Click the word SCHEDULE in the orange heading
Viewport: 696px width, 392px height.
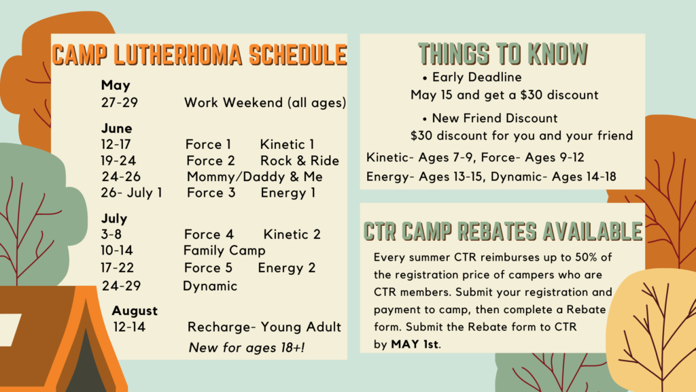[298, 54]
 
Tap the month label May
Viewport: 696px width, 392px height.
[116, 85]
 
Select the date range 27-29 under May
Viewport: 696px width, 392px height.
[120, 103]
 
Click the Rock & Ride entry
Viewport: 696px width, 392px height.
[300, 161]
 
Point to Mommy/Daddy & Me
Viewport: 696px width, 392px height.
[255, 177]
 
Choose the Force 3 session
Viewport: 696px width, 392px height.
[211, 193]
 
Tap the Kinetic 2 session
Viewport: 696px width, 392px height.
[292, 234]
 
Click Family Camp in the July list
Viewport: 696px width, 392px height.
[224, 250]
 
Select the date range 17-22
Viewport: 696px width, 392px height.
[117, 267]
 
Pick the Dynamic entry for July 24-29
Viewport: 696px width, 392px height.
[210, 286]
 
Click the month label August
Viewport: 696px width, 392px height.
[135, 310]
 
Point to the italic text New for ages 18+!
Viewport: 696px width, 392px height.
[247, 348]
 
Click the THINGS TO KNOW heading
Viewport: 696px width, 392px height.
[503, 54]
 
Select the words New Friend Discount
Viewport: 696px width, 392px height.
[495, 118]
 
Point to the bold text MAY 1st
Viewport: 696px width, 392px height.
[415, 344]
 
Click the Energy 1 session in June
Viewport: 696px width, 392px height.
[288, 193]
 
